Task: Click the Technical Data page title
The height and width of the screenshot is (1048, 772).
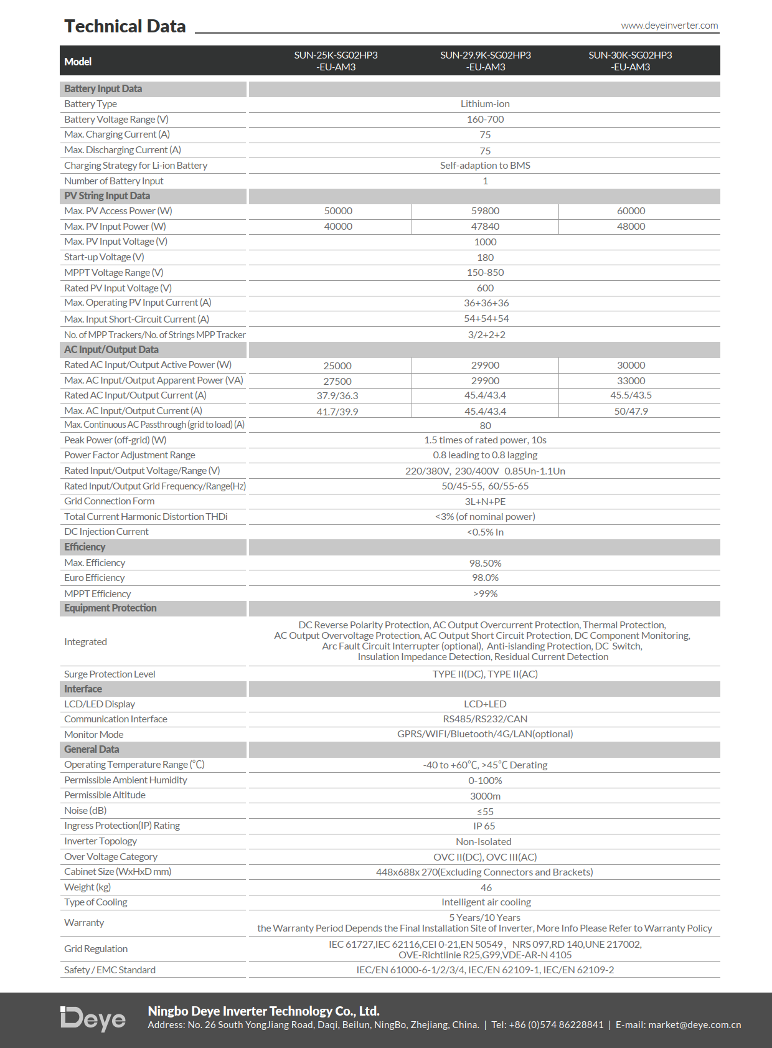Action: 125,26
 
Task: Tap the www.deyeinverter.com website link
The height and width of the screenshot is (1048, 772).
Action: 669,26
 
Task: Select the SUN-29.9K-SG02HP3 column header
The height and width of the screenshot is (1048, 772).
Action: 486,61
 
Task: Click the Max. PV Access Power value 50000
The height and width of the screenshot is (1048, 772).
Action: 338,211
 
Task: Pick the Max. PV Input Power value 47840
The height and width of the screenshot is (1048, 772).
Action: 485,227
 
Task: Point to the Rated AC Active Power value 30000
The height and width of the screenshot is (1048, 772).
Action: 631,366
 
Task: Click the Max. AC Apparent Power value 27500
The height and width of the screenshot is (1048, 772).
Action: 337,381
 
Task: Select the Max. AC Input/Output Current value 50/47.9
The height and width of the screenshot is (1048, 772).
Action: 631,412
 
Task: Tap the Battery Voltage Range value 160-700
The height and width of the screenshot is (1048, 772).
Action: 485,120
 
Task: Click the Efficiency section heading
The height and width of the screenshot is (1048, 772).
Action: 85,547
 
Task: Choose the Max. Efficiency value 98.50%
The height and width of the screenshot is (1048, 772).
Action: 485,564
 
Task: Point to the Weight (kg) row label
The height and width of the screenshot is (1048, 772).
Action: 87,887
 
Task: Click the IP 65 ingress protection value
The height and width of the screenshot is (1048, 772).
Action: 484,826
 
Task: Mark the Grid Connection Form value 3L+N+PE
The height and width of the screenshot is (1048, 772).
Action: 485,502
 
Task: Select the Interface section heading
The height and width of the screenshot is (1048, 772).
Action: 83,689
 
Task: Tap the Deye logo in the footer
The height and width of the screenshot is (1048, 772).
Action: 93,1019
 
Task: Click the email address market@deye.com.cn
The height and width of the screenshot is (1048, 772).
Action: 694,1025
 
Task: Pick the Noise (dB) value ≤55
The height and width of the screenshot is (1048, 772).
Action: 485,812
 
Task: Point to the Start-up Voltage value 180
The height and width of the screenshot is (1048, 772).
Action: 485,258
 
